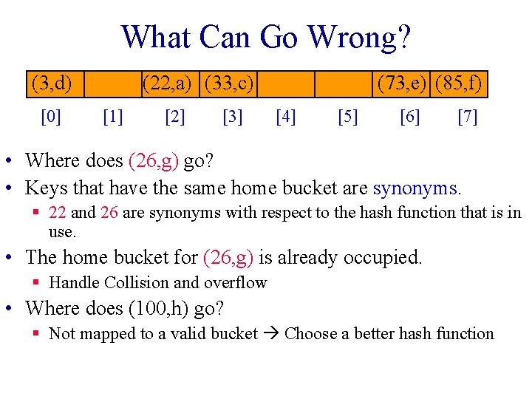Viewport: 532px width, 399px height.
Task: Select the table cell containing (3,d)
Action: [52, 83]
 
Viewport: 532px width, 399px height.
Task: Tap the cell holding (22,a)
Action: [171, 83]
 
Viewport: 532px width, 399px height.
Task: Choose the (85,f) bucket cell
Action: [460, 83]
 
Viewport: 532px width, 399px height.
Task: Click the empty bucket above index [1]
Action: [112, 83]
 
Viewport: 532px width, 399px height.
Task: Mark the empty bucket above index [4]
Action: [286, 83]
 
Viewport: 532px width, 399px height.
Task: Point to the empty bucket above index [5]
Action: [344, 83]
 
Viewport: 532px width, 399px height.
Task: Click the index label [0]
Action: [51, 117]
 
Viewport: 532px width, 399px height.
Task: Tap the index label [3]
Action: [232, 117]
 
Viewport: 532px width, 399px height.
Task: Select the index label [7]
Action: [467, 117]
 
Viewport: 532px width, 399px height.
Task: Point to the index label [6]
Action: [409, 117]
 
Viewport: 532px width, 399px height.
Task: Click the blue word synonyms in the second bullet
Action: [416, 188]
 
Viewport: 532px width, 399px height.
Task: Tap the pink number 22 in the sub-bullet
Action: [58, 213]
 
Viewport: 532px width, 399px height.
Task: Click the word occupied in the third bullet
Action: [385, 258]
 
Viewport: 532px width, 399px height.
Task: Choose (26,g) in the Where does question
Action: [154, 160]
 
